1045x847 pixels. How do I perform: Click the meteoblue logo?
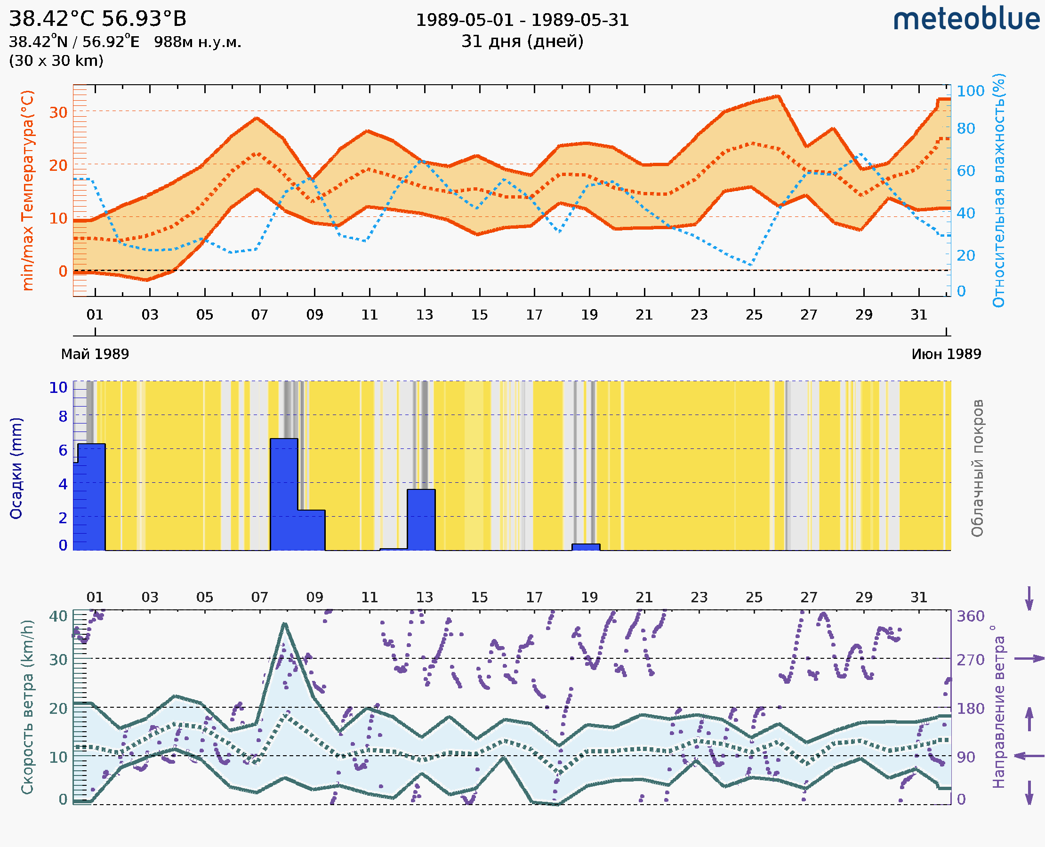(966, 19)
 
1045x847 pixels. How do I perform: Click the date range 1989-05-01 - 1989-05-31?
(522, 20)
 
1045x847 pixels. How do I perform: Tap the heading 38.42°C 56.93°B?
(97, 19)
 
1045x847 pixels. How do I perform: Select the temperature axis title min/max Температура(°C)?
(28, 190)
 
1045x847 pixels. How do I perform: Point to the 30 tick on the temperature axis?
(58, 112)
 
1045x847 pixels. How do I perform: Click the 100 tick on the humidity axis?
(970, 91)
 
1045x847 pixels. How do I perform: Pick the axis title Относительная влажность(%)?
(998, 190)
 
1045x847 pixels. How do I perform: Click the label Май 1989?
(95, 354)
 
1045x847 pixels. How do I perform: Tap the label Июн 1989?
(946, 354)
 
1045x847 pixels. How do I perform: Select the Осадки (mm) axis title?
(16, 468)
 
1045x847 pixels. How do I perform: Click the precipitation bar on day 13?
(421, 519)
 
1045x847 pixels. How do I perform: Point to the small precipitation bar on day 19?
(586, 547)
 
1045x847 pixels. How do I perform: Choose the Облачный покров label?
(977, 468)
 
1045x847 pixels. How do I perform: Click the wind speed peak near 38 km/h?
(285, 624)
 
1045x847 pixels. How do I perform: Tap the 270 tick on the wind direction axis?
(970, 660)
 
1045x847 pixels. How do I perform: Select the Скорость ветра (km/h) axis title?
(27, 707)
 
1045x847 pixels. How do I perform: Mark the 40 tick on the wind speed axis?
(58, 616)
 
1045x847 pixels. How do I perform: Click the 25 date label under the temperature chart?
(754, 315)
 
